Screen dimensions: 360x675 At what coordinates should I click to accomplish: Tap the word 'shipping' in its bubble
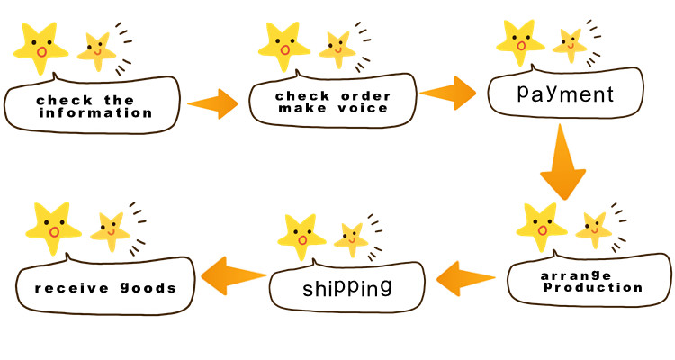pos(347,288)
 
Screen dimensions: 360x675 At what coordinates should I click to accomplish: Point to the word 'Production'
pos(590,288)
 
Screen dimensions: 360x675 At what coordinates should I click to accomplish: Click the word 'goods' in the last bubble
pos(144,289)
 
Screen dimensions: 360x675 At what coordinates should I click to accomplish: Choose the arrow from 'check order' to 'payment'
pos(448,91)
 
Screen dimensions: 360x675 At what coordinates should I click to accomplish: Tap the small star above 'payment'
pos(569,42)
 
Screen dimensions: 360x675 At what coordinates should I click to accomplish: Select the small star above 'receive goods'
pos(111,230)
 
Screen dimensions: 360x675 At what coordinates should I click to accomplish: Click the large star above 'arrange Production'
pos(542,228)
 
